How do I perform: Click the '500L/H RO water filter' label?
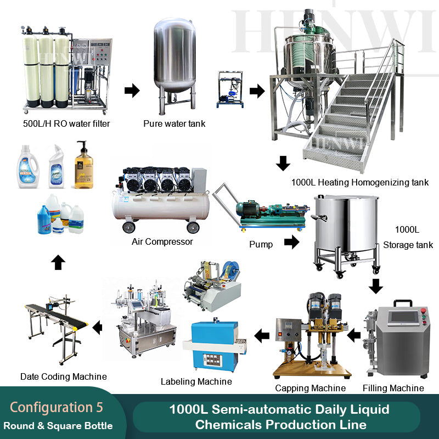pos(66,123)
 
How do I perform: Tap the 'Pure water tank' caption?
pos(174,123)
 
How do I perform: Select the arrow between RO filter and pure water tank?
pos(132,91)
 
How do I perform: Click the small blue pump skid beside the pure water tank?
pos(230,89)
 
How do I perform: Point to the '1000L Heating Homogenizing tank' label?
pos(360,182)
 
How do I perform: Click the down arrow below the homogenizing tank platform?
pos(283,163)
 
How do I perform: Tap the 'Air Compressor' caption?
pos(162,241)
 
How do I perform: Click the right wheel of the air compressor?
pos(193,227)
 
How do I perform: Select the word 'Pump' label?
pos(261,244)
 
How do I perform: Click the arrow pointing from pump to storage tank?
pos(292,242)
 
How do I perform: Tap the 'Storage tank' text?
pos(408,245)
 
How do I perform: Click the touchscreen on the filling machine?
pos(402,317)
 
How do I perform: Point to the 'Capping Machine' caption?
pos(310,388)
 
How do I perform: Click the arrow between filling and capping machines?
pos(354,335)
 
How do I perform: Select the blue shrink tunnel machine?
pos(215,346)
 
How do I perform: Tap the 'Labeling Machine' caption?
pos(196,381)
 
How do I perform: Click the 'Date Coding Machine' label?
pos(64,376)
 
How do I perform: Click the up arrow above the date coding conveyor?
pos(58,262)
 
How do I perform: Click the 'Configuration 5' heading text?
pos(57,408)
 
